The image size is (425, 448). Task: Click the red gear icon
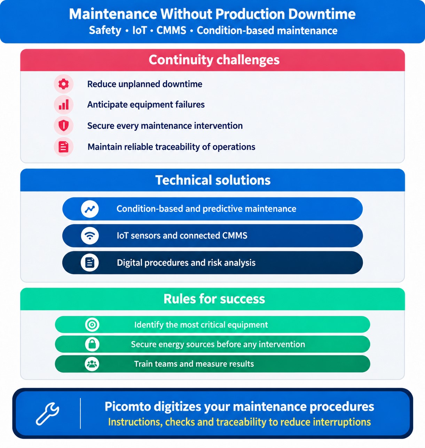click(x=63, y=84)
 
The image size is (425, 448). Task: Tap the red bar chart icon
click(x=64, y=105)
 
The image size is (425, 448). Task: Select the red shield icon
click(x=64, y=126)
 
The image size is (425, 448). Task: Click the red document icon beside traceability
click(x=63, y=147)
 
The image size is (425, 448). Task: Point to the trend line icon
click(x=90, y=209)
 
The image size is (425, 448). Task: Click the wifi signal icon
click(x=90, y=235)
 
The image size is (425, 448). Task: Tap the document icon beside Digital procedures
click(x=90, y=263)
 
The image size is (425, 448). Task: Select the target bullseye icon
click(x=92, y=325)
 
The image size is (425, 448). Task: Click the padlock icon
click(x=92, y=344)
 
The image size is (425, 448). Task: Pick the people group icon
click(x=92, y=364)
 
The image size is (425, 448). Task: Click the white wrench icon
click(x=47, y=414)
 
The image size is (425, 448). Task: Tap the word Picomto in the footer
click(x=128, y=407)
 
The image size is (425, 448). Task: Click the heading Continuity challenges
click(x=214, y=60)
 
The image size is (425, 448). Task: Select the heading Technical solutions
click(x=213, y=180)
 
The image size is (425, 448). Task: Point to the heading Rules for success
click(x=214, y=299)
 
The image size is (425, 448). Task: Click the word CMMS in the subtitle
click(x=171, y=30)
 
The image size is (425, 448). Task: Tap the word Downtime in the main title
click(x=322, y=14)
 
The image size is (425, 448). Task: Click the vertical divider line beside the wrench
click(x=80, y=413)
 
